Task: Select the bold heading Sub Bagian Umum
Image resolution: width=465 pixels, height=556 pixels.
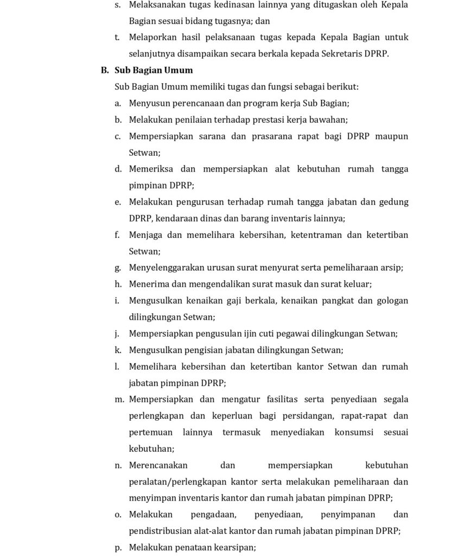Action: tap(154, 70)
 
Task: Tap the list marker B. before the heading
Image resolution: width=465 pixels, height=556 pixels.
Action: tap(105, 70)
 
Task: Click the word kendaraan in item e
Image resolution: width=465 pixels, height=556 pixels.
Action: tap(196, 218)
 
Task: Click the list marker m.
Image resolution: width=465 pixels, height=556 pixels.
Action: tap(119, 400)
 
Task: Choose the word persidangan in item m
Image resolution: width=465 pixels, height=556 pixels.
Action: tap(311, 416)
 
